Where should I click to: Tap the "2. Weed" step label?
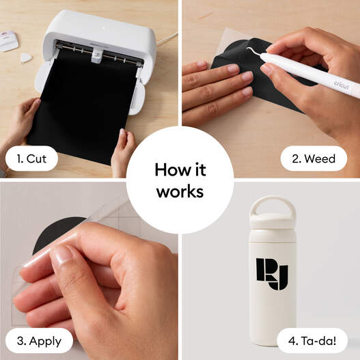point(313,159)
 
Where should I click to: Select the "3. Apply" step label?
point(40,340)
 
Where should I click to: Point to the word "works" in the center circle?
point(180,191)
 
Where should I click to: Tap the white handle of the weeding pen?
point(307,72)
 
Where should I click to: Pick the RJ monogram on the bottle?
point(272,273)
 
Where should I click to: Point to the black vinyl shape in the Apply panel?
point(51,236)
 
